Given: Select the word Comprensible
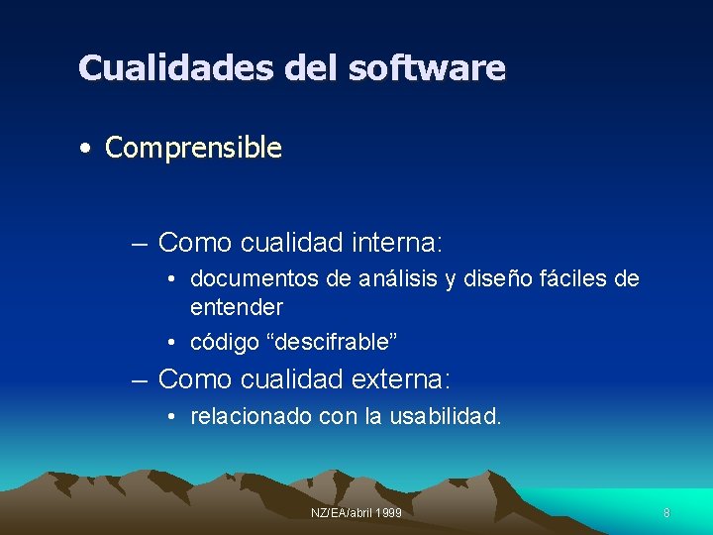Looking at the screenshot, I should pos(193,149).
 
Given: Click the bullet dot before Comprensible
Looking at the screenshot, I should pos(88,150).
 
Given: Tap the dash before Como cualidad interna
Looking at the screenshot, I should pos(140,243).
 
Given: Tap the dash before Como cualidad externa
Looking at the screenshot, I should pos(140,379).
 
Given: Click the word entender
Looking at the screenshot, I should pos(237,307).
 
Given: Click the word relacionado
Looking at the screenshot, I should pos(251,417).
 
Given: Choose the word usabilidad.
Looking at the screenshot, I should pos(446,417).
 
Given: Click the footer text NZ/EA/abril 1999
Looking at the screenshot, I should pos(356,513).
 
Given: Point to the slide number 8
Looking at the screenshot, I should pos(666,513).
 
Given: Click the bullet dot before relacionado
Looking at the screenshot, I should pos(171,418).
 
